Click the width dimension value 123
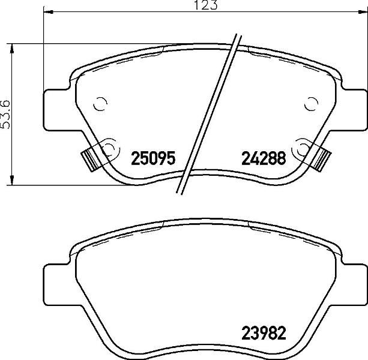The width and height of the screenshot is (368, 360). pos(205,5)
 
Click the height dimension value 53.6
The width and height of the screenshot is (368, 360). pos(5,114)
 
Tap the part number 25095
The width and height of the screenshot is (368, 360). pos(153,158)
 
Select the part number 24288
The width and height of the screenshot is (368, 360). pos(264,158)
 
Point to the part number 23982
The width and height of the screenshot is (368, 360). pos(264,333)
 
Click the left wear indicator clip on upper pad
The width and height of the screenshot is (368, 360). pos(91,160)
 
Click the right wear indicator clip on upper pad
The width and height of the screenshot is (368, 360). pos(321,159)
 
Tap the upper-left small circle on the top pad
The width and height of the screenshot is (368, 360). pos(100,103)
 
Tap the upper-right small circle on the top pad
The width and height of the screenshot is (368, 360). pos(311,103)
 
